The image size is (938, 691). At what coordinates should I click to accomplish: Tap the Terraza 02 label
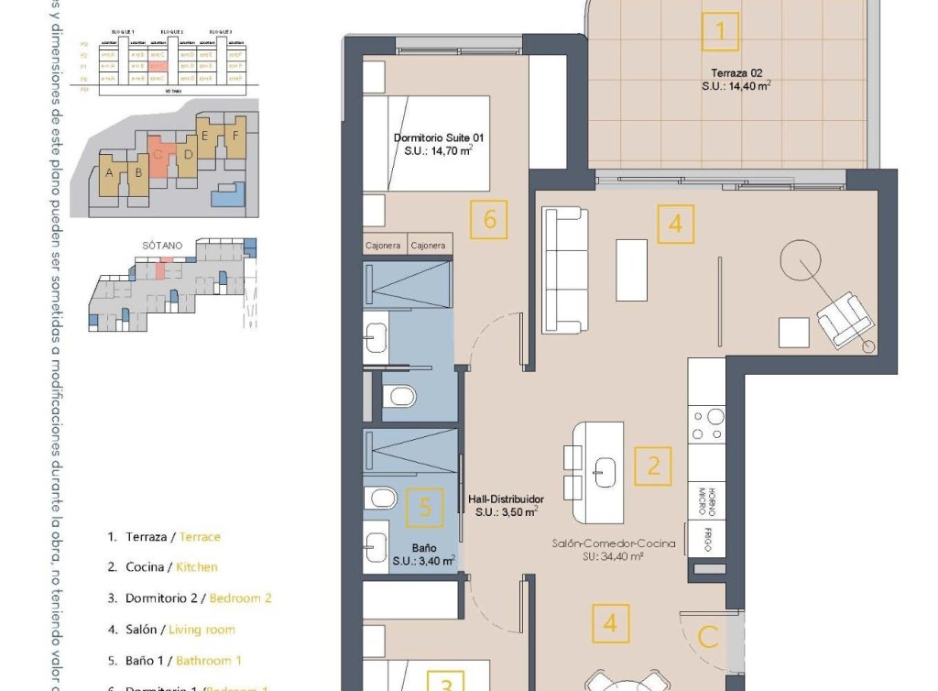tap(736, 72)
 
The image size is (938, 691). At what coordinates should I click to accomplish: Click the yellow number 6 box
tap(489, 220)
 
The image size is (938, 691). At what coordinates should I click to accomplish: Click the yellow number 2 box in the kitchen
tap(653, 466)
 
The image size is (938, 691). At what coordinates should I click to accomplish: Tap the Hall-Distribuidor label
tap(506, 499)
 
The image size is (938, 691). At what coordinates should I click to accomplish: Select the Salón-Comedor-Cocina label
tap(613, 543)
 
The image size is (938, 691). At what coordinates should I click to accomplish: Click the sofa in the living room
tap(563, 270)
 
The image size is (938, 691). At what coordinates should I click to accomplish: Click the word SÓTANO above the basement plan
tap(162, 246)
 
